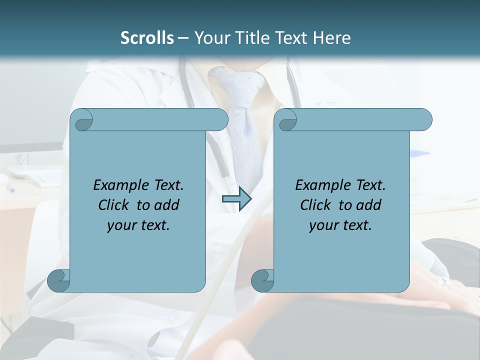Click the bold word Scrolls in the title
[x=147, y=38]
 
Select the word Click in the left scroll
[x=109, y=205]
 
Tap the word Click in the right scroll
[x=311, y=205]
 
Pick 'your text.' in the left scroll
[x=138, y=225]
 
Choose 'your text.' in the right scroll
[x=340, y=225]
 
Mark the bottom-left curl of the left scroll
[x=59, y=280]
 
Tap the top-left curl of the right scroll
[x=286, y=120]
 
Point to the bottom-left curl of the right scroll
[x=262, y=280]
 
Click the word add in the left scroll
[x=167, y=205]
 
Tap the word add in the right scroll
[x=369, y=205]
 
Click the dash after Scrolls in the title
[x=182, y=38]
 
